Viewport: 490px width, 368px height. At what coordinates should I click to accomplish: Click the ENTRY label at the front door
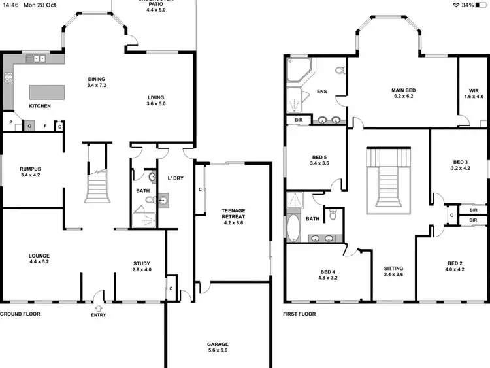pos(99,314)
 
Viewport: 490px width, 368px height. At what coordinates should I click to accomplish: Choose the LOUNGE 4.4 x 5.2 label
pos(39,259)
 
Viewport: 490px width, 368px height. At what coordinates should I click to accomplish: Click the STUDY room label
pos(142,267)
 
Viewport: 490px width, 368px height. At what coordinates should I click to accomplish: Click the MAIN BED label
pos(404,93)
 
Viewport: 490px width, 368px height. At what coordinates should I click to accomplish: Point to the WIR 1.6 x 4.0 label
pos(474,93)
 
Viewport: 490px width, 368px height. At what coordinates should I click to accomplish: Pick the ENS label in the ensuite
pos(321,92)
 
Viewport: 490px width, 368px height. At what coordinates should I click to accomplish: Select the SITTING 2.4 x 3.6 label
pos(393,271)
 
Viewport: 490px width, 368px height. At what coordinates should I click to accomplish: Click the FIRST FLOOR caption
pos(299,314)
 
